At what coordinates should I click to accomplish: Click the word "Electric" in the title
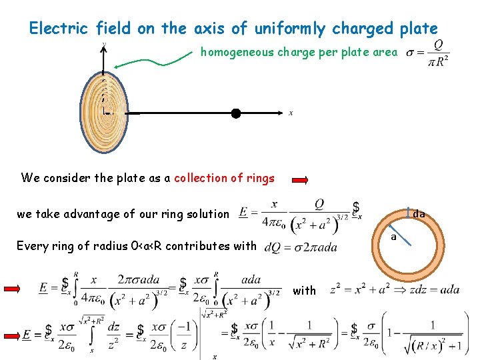[59, 29]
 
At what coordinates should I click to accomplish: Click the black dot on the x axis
[235, 113]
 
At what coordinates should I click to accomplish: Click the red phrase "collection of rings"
[224, 178]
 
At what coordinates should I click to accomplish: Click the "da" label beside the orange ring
[419, 215]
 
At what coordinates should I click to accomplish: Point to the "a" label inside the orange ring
[393, 236]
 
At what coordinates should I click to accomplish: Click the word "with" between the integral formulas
[305, 290]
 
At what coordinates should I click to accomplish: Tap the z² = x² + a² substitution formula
[395, 289]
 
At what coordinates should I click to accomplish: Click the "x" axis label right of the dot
[291, 113]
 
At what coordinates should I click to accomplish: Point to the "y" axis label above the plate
[103, 45]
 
